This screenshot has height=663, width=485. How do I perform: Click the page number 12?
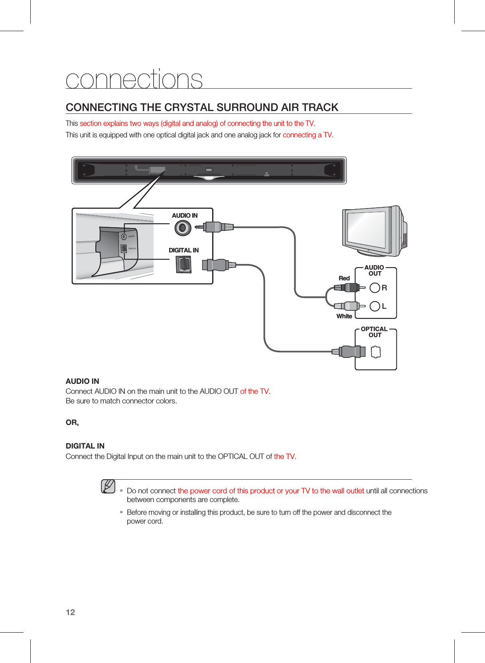click(70, 612)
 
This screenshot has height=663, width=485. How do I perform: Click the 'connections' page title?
click(134, 79)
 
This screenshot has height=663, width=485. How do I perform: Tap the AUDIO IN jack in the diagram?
click(183, 228)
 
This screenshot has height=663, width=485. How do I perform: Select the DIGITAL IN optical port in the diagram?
click(183, 264)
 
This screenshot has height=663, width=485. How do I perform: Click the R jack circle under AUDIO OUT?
click(375, 288)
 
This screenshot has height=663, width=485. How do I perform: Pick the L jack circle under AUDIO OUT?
click(375, 306)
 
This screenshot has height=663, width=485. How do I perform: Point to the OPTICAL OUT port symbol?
click(376, 352)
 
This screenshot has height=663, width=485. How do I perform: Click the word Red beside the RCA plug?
click(344, 278)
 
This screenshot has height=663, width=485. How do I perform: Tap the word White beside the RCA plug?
click(344, 316)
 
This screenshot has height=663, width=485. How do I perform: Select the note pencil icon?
click(108, 486)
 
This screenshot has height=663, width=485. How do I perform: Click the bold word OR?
click(72, 422)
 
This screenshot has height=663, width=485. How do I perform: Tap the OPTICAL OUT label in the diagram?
click(374, 332)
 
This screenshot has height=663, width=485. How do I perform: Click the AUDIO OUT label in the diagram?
click(374, 270)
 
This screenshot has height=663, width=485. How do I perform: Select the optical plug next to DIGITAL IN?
click(217, 265)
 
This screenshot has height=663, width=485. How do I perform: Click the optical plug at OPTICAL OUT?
click(351, 351)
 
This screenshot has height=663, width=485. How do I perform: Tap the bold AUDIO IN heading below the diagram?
click(82, 381)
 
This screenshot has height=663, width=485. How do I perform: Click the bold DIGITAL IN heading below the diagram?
click(85, 446)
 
